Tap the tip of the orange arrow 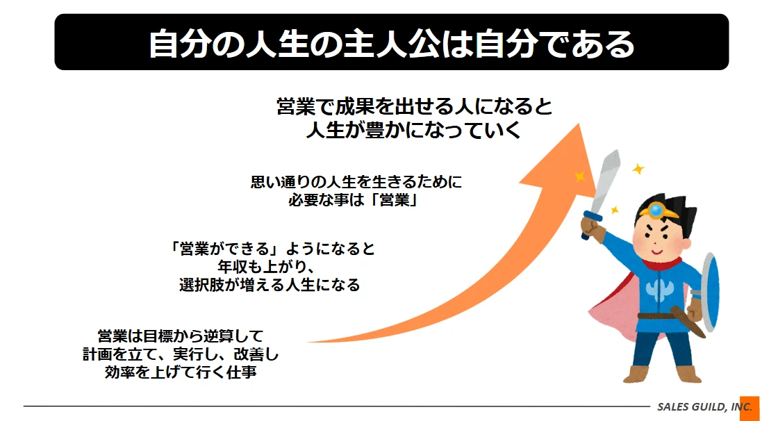[579, 124]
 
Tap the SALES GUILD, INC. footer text [704, 407]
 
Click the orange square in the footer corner [750, 408]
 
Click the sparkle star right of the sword [638, 170]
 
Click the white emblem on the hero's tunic [659, 290]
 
